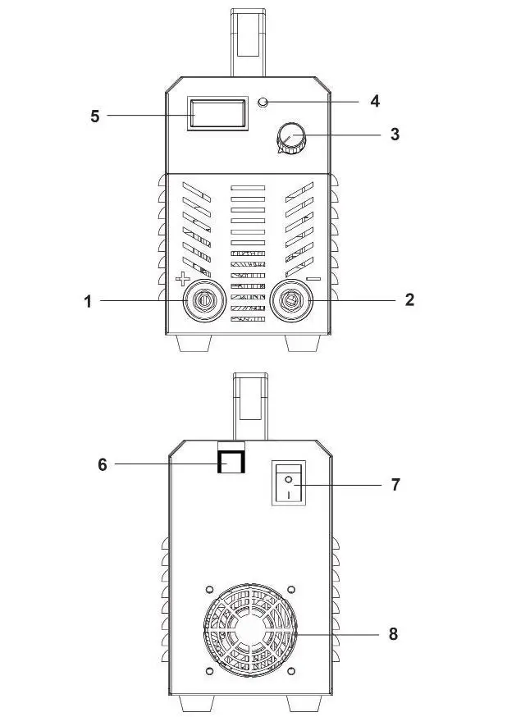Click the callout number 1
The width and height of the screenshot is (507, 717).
point(88,301)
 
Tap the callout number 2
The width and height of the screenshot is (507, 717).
point(409,299)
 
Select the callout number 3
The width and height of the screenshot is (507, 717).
point(395,134)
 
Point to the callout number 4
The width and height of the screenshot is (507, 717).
point(375,101)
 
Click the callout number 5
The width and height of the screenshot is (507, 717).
point(94,116)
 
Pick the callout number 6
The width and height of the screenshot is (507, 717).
point(103,464)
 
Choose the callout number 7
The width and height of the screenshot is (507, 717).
point(395,484)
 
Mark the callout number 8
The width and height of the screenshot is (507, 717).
point(395,634)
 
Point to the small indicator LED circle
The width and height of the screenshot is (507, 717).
point(263,102)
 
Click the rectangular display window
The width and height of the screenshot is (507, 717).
point(217,113)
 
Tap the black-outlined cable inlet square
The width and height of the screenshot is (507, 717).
point(231,462)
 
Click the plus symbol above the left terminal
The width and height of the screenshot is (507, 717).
point(182,279)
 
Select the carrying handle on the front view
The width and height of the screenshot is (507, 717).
point(249,41)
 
